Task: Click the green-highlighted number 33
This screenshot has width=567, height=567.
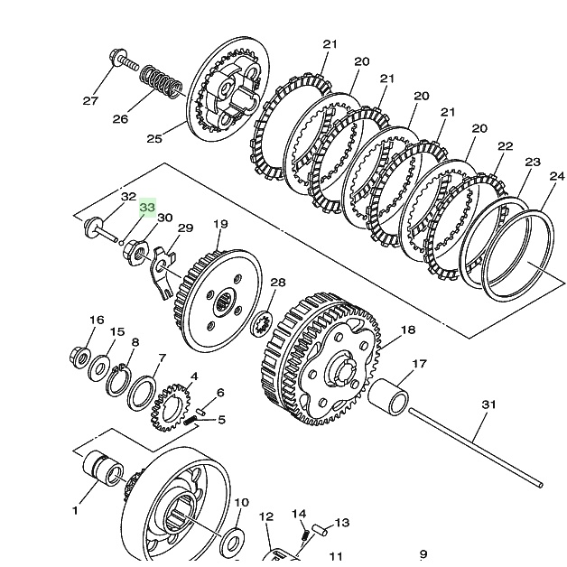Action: point(147,207)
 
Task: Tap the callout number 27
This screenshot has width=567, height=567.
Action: point(91,101)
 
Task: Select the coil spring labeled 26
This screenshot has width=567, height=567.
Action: point(162,82)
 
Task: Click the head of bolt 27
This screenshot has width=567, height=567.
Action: point(116,58)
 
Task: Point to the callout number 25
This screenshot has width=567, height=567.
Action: point(154,138)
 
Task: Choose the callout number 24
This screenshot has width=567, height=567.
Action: point(557,176)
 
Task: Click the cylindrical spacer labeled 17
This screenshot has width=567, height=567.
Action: point(388,396)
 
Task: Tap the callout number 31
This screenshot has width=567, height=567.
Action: point(488,404)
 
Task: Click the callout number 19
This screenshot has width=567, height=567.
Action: point(220,224)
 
